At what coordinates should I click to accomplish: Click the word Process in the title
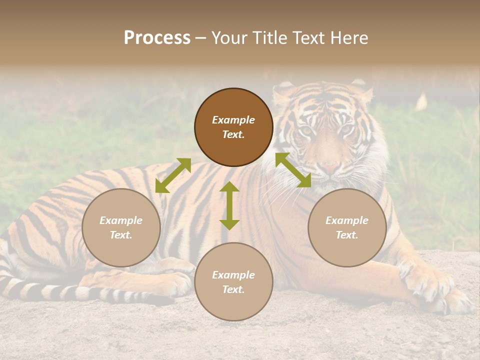click(x=157, y=38)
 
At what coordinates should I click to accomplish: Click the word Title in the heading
click(x=268, y=38)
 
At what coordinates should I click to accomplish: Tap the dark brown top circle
click(x=233, y=127)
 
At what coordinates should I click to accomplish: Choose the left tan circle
click(x=121, y=227)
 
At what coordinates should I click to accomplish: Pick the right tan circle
click(x=347, y=227)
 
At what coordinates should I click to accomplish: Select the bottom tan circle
click(x=233, y=281)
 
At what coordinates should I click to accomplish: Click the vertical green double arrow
click(x=229, y=205)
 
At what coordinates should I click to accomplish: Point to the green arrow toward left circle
click(x=173, y=175)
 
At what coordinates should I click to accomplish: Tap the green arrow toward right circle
click(x=293, y=170)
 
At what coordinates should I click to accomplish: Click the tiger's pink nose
click(x=330, y=166)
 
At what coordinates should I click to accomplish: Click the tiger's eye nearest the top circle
click(x=305, y=130)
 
